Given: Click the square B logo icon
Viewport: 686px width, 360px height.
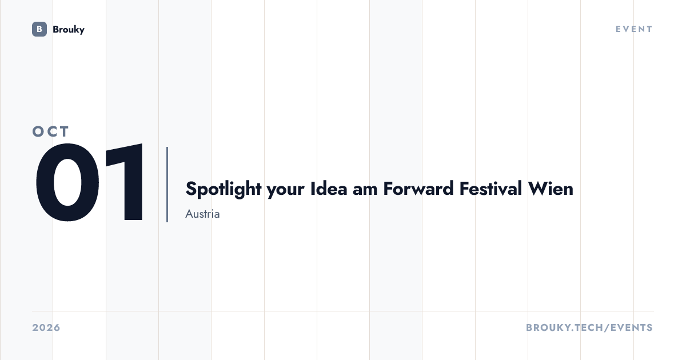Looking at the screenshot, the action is [x=39, y=29].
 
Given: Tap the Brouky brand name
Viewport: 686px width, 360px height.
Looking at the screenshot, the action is [x=69, y=30].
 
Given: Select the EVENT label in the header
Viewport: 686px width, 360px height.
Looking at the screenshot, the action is [x=634, y=29].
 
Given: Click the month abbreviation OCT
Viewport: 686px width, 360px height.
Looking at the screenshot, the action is [x=50, y=131].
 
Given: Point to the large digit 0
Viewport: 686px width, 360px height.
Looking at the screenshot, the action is [x=67, y=182].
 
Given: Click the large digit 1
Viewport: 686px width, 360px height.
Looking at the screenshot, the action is [x=125, y=182].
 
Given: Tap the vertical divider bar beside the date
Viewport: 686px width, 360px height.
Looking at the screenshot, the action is [x=167, y=184].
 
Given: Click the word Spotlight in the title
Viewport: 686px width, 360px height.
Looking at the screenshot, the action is [x=224, y=189].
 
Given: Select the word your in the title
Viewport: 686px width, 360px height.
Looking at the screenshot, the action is [x=285, y=190].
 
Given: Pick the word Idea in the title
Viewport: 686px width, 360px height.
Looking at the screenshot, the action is [x=329, y=188].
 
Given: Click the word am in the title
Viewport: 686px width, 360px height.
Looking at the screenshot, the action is [x=365, y=190].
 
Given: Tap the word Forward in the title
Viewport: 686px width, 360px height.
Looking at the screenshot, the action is [x=418, y=188].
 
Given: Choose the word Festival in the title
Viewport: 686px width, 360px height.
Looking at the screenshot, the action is [x=490, y=188].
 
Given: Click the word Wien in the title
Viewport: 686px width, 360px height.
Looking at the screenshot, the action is [x=551, y=188].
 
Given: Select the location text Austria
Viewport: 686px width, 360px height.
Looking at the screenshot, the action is [x=202, y=214].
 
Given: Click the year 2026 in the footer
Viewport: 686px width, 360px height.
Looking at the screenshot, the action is [x=46, y=327].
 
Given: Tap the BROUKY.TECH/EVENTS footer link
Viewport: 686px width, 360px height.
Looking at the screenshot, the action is [x=589, y=327].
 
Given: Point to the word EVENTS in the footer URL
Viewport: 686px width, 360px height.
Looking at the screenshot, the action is [x=632, y=327].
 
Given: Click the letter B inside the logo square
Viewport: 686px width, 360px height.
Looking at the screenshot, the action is [x=39, y=29].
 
